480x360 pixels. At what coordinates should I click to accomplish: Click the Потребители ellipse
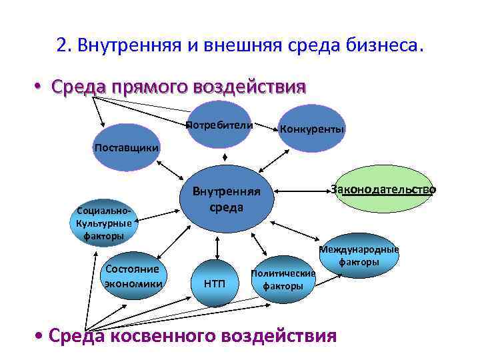[219, 125]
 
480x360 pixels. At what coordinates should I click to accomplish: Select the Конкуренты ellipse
[312, 128]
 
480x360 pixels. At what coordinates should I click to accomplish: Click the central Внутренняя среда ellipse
[227, 199]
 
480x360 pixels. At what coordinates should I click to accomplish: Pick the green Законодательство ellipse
[383, 189]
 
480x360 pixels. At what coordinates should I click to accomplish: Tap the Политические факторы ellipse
[283, 279]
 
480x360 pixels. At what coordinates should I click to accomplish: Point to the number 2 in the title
[61, 47]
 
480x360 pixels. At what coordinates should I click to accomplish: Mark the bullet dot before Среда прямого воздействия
[39, 88]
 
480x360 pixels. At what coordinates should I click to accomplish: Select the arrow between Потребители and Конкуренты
[265, 126]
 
